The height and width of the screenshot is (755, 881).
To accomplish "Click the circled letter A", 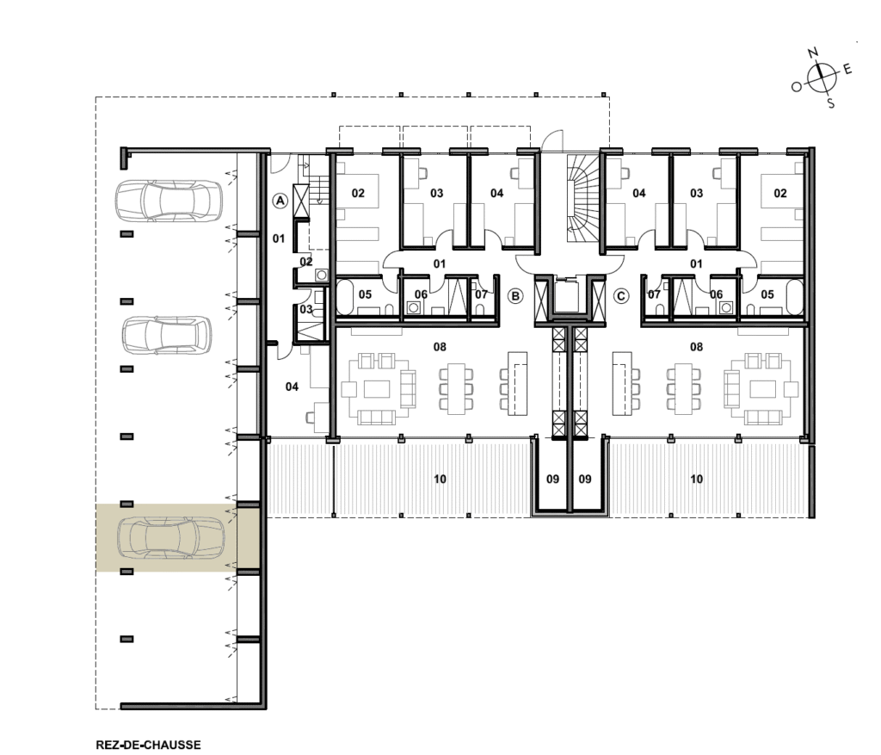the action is (280, 201).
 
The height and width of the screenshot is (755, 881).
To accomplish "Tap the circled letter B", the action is (514, 295).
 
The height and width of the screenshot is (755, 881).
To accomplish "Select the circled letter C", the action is (620, 295).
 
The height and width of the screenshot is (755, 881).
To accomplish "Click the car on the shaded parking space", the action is (171, 538).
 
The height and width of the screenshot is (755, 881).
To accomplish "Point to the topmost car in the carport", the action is (168, 201).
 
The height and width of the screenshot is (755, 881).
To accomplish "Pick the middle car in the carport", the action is (167, 336).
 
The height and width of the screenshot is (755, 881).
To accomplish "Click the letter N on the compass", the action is (812, 53).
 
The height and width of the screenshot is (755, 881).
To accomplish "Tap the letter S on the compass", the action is (831, 103).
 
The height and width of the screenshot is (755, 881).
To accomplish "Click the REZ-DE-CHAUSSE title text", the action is (148, 745).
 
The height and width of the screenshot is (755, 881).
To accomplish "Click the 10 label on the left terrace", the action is (440, 479).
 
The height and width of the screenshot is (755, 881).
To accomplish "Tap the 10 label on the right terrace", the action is (696, 479).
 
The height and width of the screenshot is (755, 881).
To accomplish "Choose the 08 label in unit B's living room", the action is (440, 347).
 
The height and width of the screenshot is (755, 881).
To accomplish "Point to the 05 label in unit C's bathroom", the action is (767, 294).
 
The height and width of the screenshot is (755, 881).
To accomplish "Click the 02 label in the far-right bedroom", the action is (780, 194).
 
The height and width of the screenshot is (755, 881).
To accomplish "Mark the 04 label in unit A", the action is (292, 387).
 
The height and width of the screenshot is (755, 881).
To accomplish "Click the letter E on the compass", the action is (847, 70).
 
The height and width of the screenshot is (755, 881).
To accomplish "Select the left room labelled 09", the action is (553, 479).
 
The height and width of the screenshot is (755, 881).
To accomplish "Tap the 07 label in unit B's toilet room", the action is (482, 294).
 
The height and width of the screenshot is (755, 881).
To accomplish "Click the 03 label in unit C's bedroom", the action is (697, 194).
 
